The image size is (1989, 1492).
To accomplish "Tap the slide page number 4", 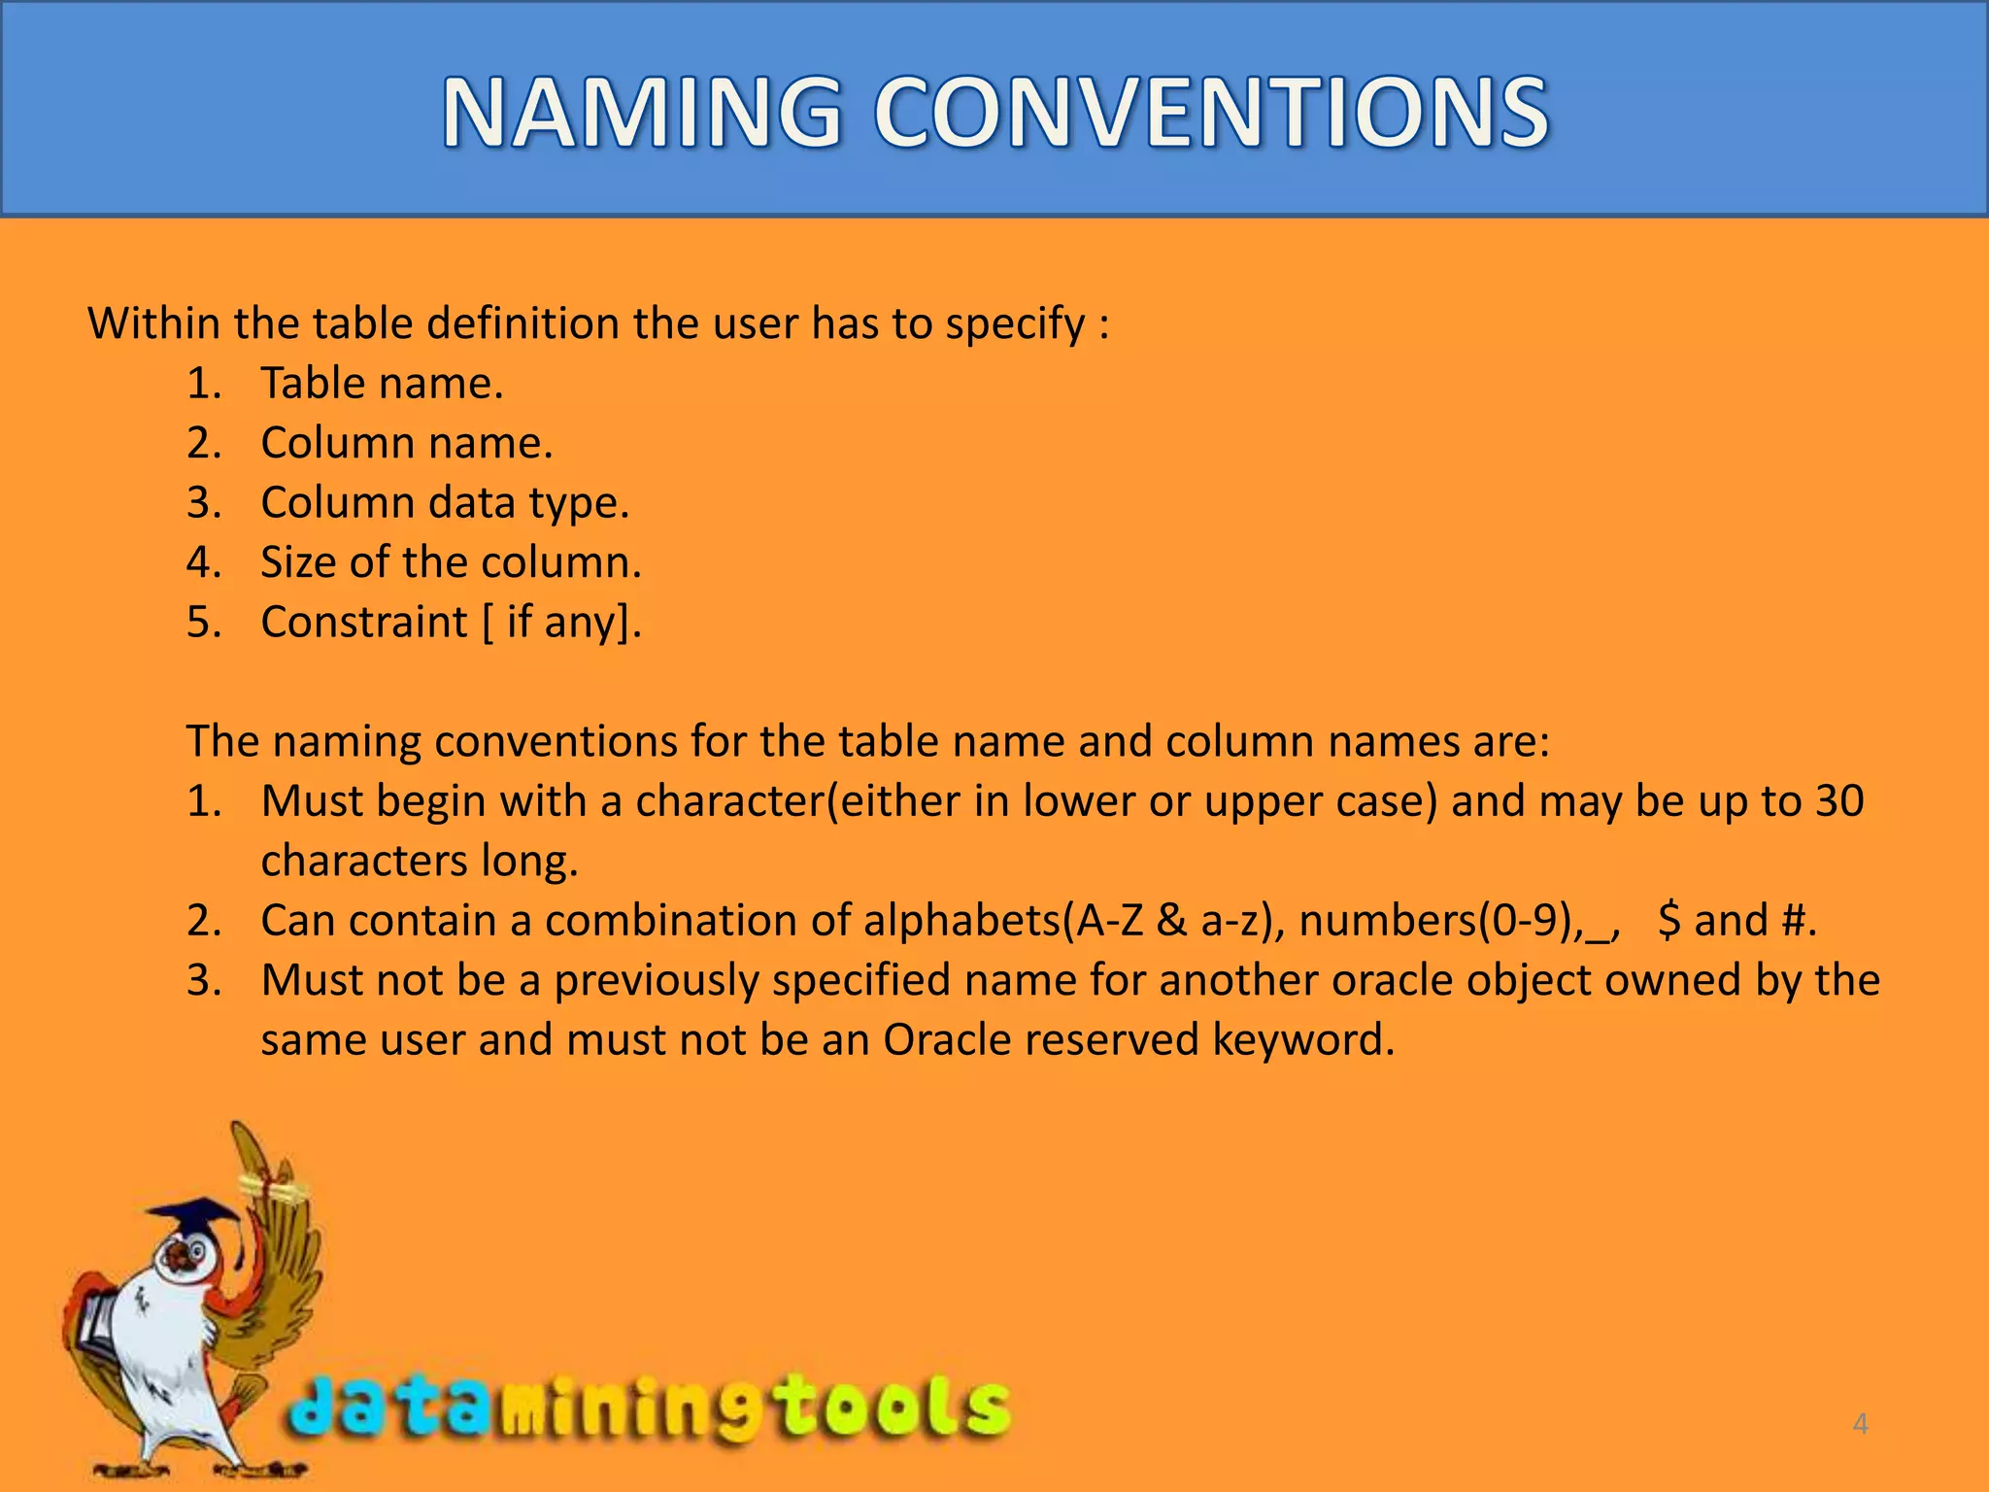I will (1860, 1424).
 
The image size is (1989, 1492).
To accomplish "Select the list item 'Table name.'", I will (382, 384).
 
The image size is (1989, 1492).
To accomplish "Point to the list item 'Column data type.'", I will (445, 503).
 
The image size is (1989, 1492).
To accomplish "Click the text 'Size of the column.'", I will (451, 562).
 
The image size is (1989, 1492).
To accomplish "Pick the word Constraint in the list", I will (364, 623).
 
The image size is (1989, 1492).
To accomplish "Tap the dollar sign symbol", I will (1669, 921).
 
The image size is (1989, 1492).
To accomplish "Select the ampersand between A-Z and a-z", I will (1171, 921).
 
